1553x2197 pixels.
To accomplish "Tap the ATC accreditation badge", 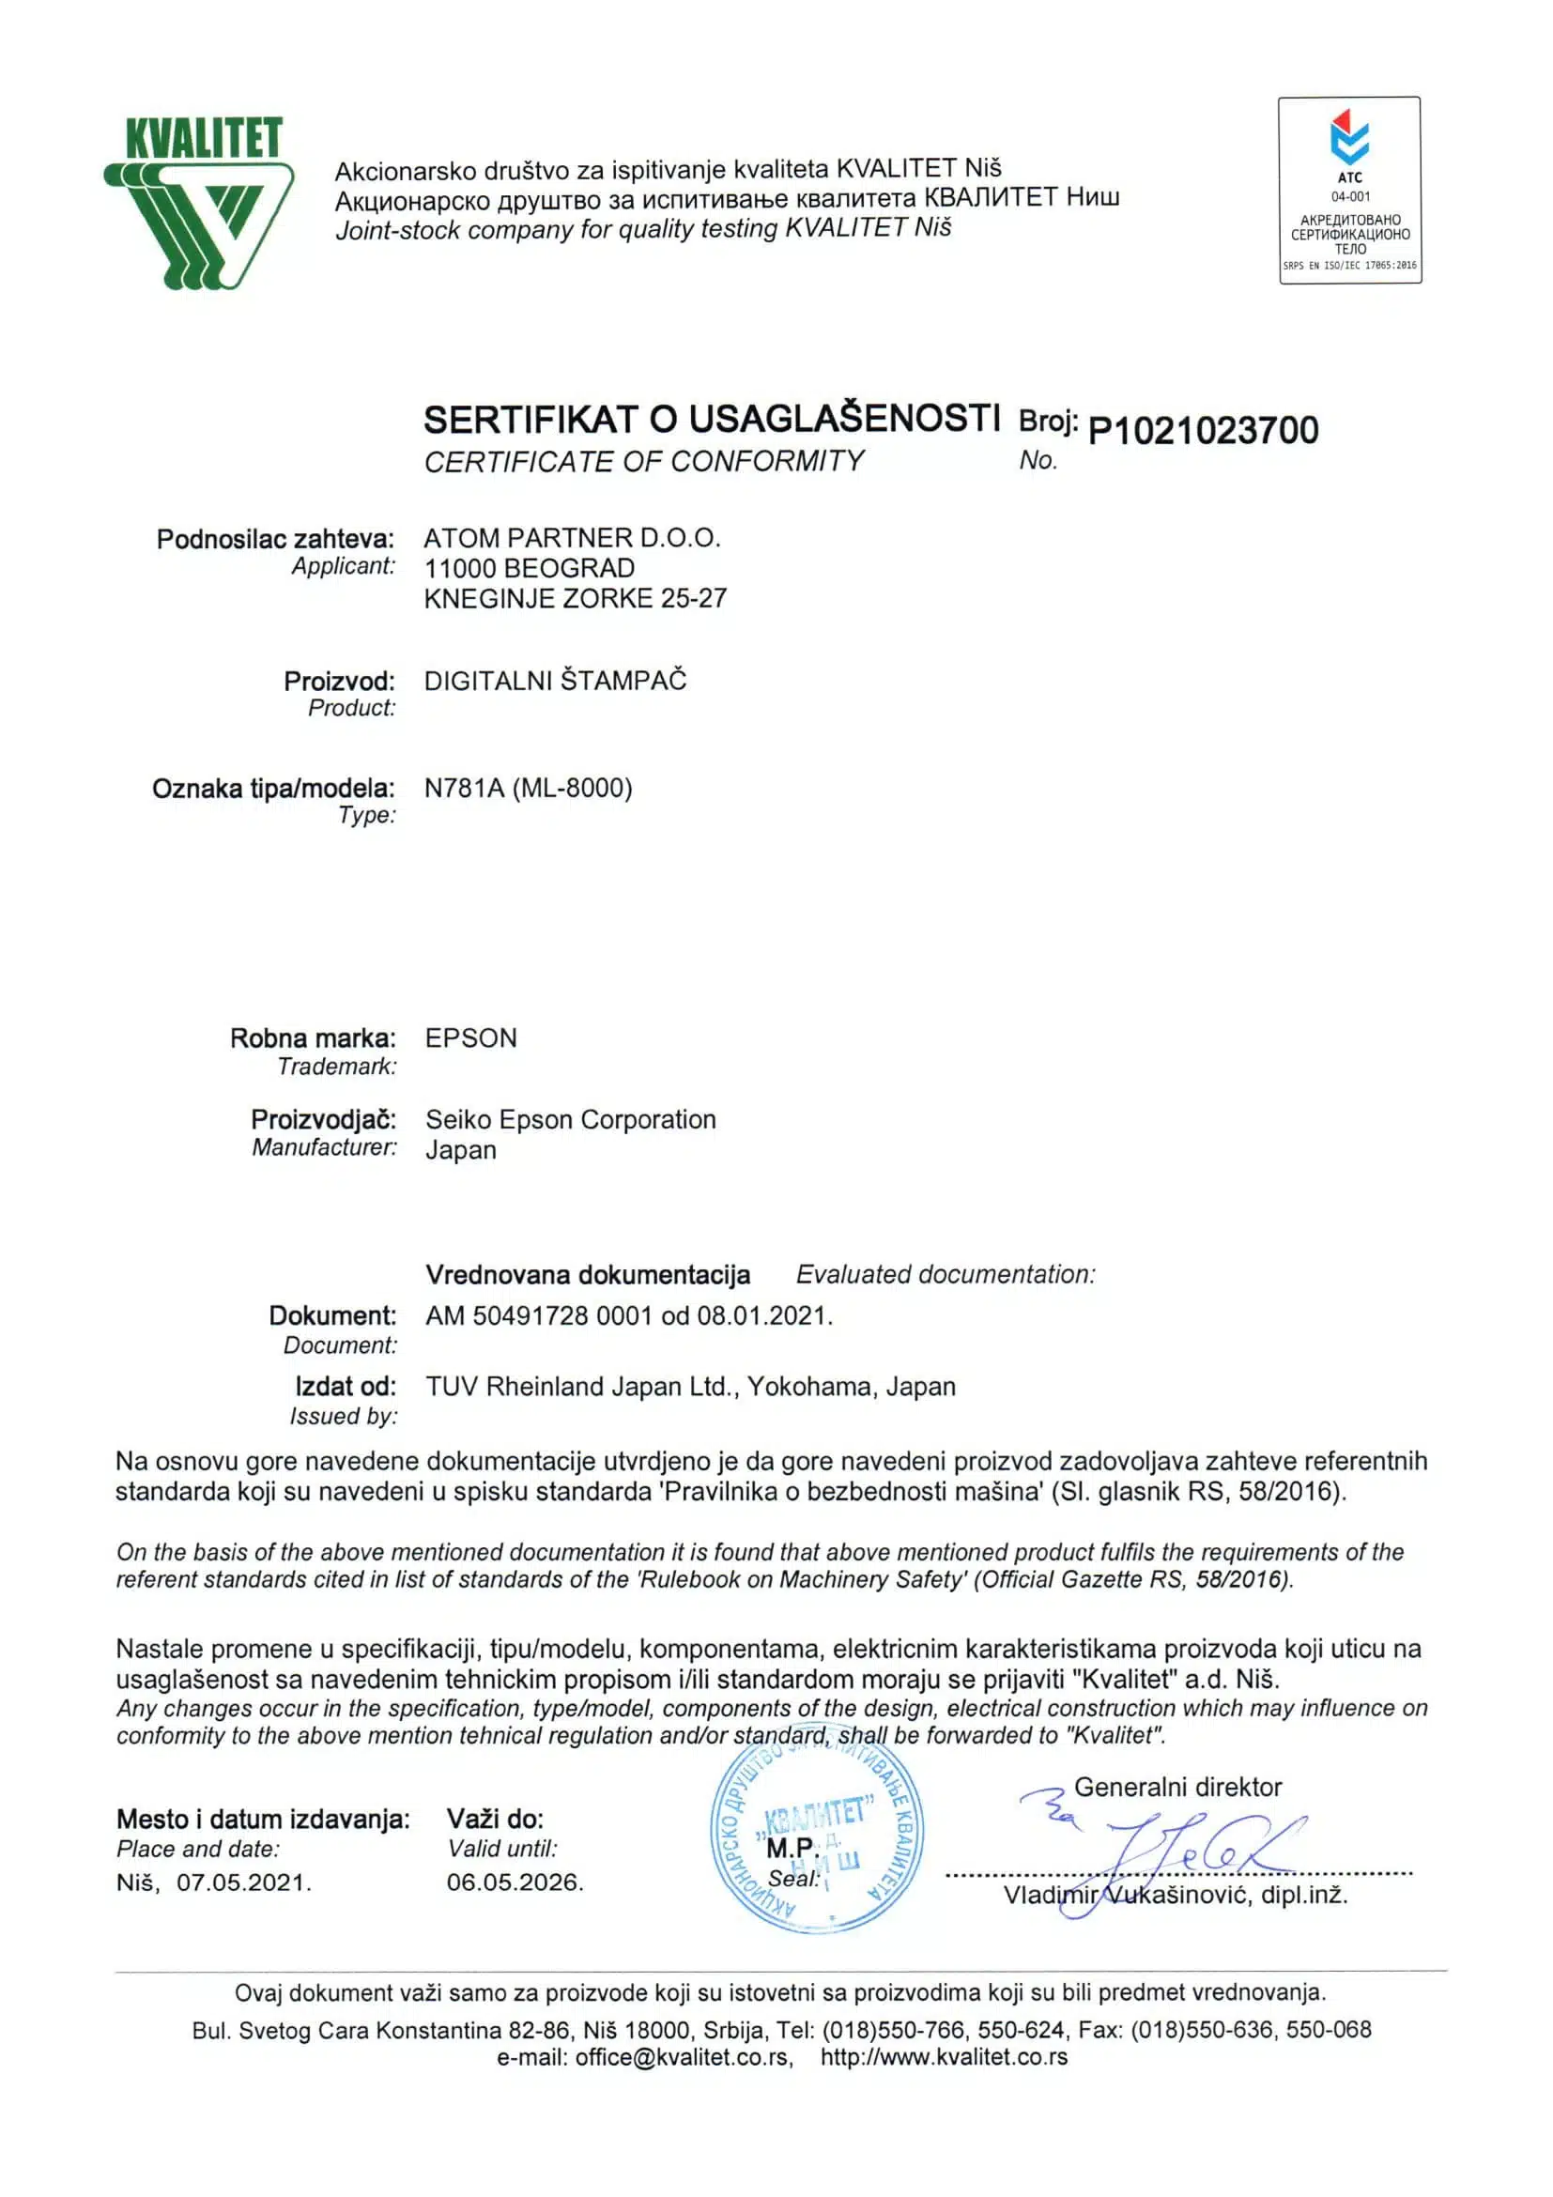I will [1349, 190].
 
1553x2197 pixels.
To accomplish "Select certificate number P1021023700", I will [1203, 431].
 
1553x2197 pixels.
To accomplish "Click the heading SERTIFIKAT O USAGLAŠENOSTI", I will [711, 419].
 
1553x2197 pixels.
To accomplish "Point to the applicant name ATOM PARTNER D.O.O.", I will [571, 538].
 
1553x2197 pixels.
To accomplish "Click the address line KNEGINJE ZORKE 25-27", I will [575, 599].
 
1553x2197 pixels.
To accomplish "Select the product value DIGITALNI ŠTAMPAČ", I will [555, 682].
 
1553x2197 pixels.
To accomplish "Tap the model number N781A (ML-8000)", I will [529, 789].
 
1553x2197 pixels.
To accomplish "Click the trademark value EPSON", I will [470, 1038].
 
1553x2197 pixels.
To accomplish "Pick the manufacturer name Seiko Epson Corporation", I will [570, 1119].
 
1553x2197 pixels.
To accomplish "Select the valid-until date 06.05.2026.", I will [515, 1882].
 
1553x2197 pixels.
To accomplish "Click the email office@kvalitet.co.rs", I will [683, 2056].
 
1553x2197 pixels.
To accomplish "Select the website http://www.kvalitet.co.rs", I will [944, 2056].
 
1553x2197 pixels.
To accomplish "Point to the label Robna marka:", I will [312, 1038].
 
